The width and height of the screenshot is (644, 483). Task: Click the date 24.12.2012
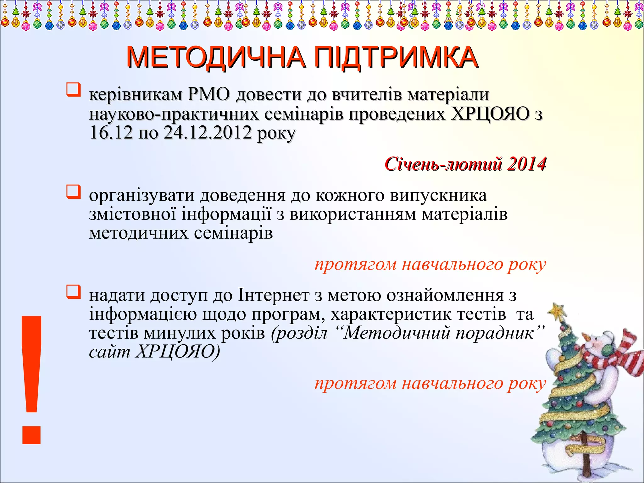[208, 133]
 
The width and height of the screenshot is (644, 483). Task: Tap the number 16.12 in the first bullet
[111, 133]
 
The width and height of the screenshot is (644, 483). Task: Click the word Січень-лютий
[443, 164]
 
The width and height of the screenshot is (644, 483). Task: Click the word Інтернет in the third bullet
[274, 295]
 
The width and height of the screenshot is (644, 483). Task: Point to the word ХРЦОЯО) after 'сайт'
[178, 352]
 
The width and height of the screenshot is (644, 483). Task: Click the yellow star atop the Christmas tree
[557, 310]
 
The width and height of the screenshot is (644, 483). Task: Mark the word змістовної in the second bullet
[132, 214]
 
